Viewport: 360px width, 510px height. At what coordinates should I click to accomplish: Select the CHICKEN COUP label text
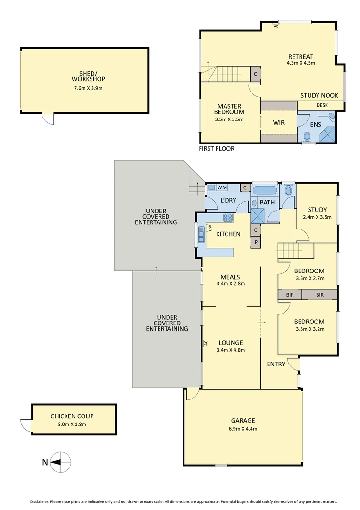(x=72, y=416)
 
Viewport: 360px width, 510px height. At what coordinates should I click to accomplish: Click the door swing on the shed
(x=47, y=119)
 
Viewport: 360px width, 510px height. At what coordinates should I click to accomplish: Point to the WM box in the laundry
(x=222, y=187)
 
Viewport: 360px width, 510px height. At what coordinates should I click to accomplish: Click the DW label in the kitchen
(x=209, y=228)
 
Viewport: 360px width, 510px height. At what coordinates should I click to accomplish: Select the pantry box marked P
(x=256, y=242)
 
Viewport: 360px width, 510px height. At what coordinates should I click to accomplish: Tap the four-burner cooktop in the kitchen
(x=227, y=218)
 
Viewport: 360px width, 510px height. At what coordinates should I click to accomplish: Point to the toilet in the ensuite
(x=307, y=137)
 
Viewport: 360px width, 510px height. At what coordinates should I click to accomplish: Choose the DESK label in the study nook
(x=322, y=105)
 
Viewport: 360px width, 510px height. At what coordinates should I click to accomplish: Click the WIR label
(x=278, y=122)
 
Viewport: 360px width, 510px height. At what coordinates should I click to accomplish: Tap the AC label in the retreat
(x=276, y=26)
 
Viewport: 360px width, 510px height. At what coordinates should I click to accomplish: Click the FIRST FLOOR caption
(x=217, y=148)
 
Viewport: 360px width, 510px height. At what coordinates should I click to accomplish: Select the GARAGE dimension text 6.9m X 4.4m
(x=243, y=429)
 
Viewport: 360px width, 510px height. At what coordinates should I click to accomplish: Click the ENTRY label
(x=276, y=364)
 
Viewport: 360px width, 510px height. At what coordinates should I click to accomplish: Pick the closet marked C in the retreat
(x=255, y=74)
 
